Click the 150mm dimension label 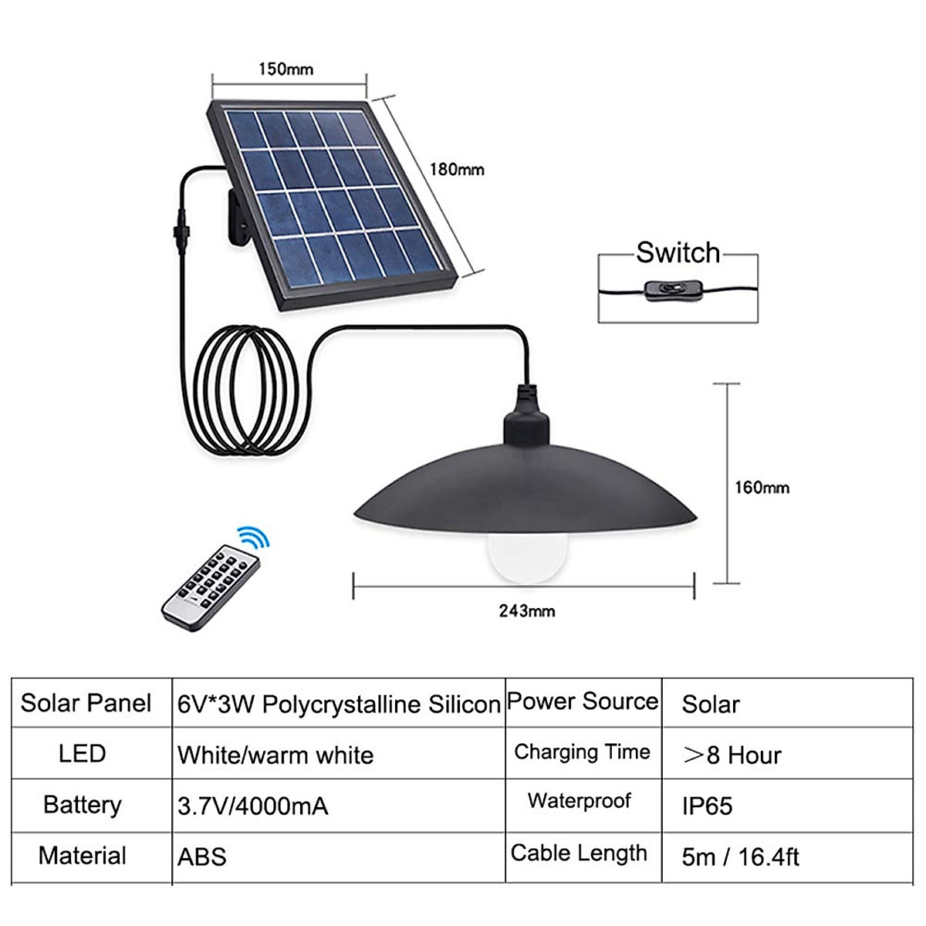click(286, 69)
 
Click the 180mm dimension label click(457, 169)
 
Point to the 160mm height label click(761, 488)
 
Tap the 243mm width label click(526, 611)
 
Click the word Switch click(678, 253)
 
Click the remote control click(211, 584)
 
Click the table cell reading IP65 click(707, 806)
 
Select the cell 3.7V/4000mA click(252, 806)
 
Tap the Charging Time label click(582, 752)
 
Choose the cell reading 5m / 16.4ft click(740, 857)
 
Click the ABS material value click(202, 857)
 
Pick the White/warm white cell click(275, 755)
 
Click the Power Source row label click(583, 701)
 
